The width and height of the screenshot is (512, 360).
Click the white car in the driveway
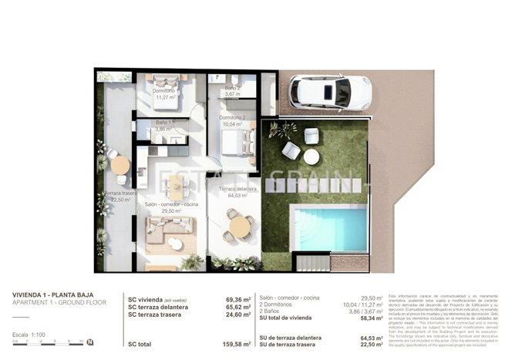coord(330,92)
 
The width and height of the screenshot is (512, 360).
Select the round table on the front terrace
coord(240,226)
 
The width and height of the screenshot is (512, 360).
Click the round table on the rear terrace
coord(120,165)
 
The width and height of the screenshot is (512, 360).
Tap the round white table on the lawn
coord(311,156)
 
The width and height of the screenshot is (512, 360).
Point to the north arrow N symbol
coord(90,342)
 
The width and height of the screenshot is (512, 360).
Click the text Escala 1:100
coord(30,335)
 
